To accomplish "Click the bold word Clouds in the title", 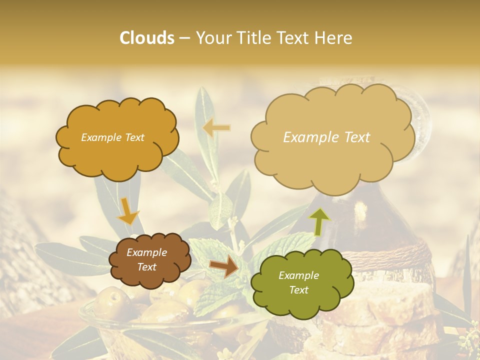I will [x=146, y=38].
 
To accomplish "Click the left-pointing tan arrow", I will [x=216, y=128].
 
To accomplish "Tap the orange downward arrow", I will [x=127, y=210].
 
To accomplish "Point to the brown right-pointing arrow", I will [x=224, y=267].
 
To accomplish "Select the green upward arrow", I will [x=319, y=220].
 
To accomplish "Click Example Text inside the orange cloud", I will [x=112, y=137].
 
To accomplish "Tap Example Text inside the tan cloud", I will [x=326, y=137].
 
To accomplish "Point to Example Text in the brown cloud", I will [x=146, y=259].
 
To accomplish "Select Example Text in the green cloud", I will [x=298, y=282].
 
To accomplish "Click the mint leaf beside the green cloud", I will [x=215, y=295].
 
